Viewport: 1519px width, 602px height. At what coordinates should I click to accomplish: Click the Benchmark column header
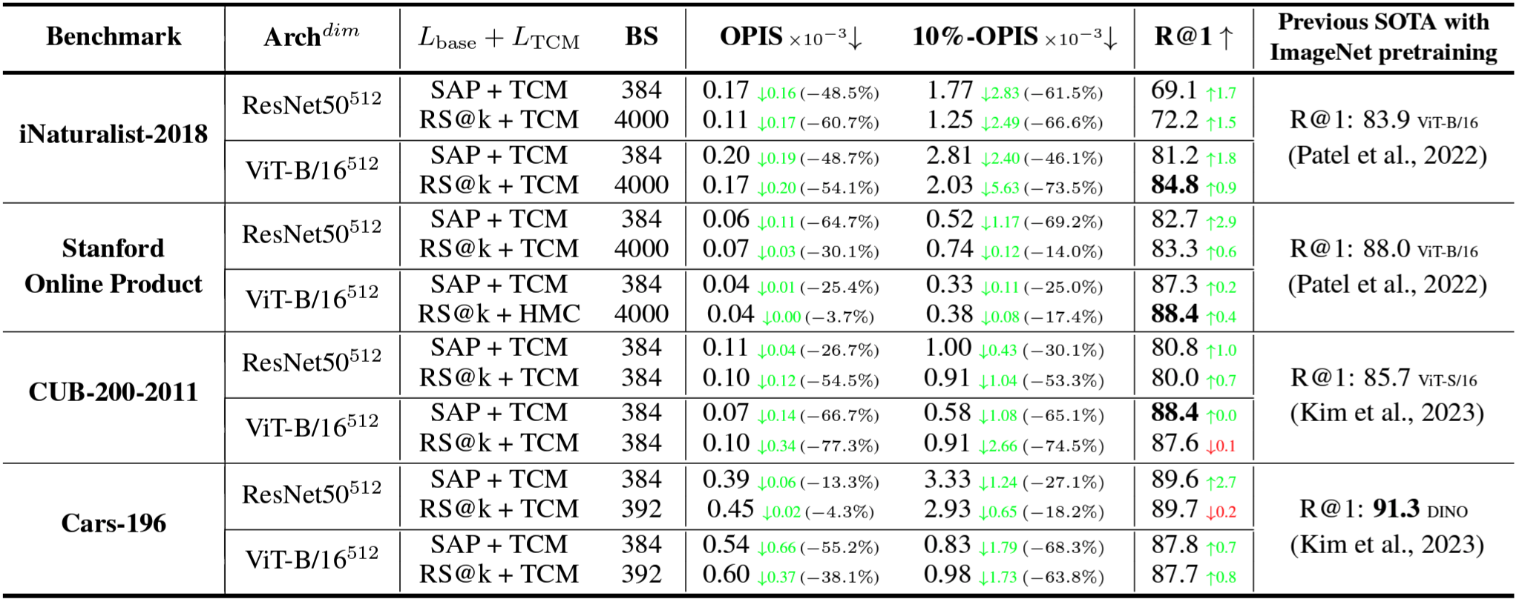[114, 36]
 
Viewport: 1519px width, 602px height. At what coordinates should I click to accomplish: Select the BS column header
[641, 36]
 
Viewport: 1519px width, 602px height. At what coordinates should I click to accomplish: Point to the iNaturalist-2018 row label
[114, 134]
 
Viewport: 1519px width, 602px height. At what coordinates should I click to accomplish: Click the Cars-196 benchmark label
[114, 523]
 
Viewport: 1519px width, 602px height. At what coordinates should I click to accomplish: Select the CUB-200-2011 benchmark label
[114, 391]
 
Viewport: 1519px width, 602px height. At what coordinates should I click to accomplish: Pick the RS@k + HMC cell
[499, 314]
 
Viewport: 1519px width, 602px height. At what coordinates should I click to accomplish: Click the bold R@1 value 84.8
[1174, 185]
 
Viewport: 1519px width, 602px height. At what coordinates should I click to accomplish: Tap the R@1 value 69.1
[1174, 90]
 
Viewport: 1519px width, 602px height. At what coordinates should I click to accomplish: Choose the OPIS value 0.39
[726, 480]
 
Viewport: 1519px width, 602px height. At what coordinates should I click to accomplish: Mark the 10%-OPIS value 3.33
[947, 480]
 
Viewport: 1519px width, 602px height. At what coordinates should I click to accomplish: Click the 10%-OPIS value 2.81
[949, 156]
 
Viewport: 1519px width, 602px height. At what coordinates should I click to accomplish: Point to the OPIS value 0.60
[726, 575]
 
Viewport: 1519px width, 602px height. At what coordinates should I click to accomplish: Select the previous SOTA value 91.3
[1396, 509]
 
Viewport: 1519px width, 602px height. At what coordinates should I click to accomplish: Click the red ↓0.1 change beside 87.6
[1221, 446]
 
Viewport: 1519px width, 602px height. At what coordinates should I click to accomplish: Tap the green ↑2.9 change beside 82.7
[1221, 222]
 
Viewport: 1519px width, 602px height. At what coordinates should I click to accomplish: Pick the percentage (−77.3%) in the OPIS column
[839, 446]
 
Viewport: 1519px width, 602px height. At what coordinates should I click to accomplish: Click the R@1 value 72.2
[1174, 120]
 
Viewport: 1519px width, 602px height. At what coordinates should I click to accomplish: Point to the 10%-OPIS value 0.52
[949, 219]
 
